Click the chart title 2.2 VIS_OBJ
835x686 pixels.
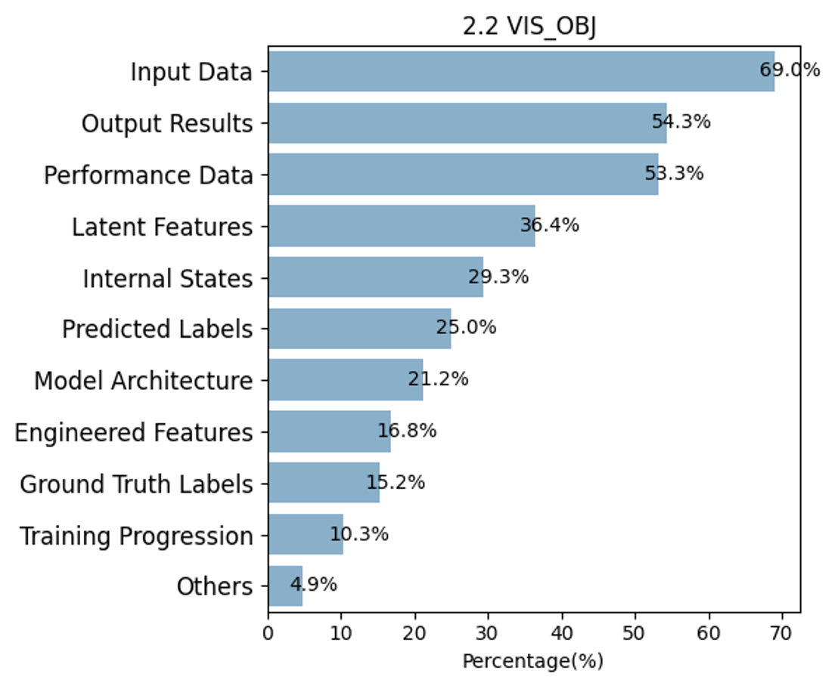click(529, 26)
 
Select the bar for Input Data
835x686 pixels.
click(521, 71)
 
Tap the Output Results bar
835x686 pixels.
click(467, 123)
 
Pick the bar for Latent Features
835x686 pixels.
click(402, 226)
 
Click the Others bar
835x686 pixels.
click(285, 586)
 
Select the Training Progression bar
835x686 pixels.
click(306, 534)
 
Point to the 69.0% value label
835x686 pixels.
click(789, 70)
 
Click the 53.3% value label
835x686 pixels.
click(674, 173)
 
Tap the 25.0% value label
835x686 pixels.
click(466, 327)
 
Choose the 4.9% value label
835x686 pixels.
click(314, 585)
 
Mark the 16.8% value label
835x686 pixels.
click(407, 430)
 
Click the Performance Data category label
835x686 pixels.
click(148, 175)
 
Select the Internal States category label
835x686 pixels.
click(168, 278)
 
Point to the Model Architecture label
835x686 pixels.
click(143, 381)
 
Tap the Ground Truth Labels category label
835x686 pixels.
click(136, 484)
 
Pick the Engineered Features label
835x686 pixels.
click(134, 432)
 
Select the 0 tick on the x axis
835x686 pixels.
click(268, 633)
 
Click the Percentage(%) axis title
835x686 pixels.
click(532, 661)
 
